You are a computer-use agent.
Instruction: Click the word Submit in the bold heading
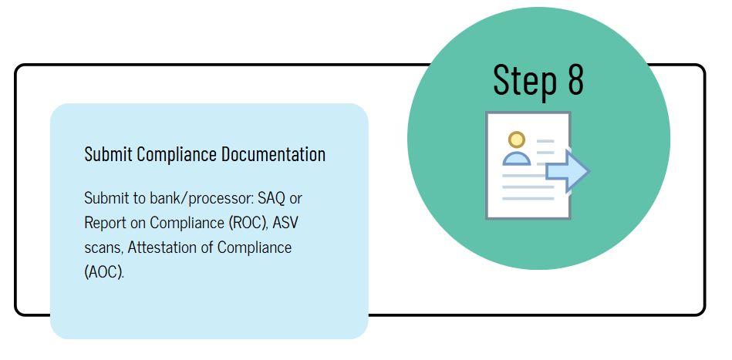108,154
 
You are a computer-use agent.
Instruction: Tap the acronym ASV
288,223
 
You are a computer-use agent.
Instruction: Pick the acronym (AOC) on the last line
103,272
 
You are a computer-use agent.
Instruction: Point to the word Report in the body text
104,223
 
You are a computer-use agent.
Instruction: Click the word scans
103,247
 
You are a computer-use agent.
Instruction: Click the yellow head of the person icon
517,140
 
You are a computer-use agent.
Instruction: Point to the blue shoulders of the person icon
517,158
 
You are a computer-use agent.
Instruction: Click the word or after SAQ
295,198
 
